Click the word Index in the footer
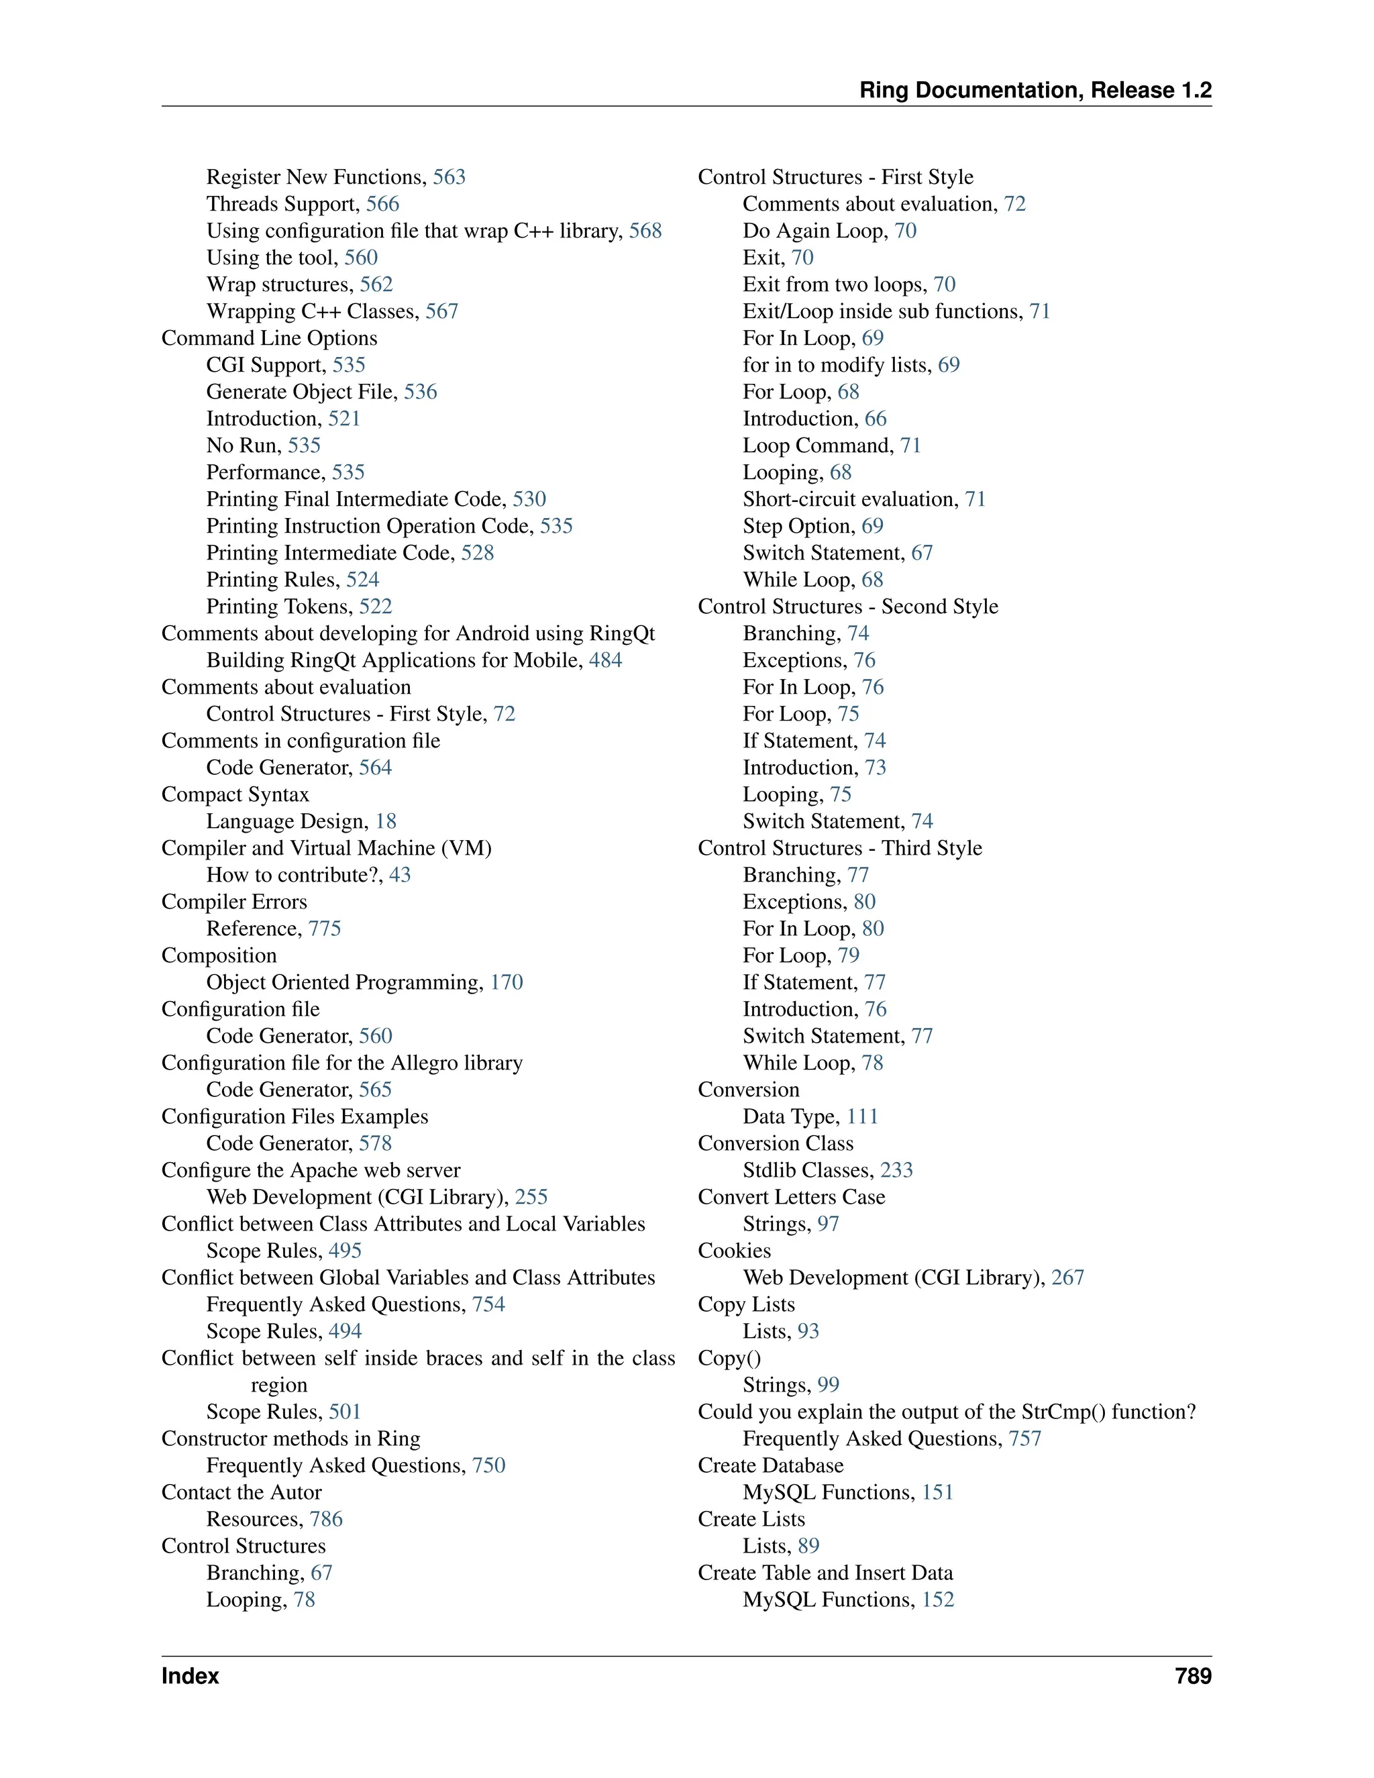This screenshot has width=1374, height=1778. tap(190, 1676)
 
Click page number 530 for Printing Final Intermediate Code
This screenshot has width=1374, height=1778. tap(529, 499)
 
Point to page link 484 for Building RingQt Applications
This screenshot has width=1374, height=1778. tap(606, 660)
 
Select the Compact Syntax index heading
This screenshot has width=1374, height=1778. tap(235, 794)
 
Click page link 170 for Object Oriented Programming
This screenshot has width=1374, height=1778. tap(507, 983)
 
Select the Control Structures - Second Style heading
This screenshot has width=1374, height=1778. tap(847, 607)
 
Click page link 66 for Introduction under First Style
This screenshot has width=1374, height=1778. tap(876, 419)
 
